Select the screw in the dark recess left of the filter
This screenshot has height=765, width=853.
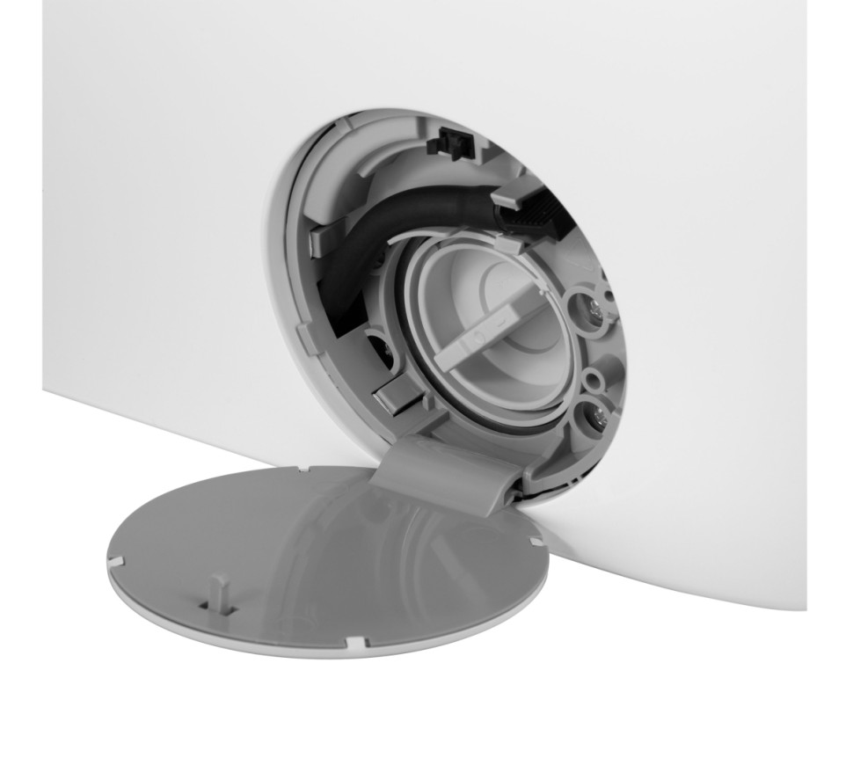[x=384, y=352]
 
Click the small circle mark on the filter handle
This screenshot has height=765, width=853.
[x=478, y=337]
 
